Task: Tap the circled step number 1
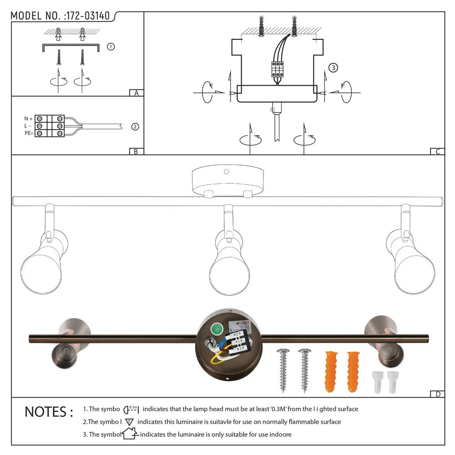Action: [111, 46]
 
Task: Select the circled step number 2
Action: [135, 126]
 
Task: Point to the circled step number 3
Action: [333, 68]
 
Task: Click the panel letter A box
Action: [136, 93]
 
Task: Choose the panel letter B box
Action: [136, 152]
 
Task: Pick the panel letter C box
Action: [437, 152]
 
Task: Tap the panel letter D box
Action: [437, 394]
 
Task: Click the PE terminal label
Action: [29, 133]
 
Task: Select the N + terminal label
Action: [29, 118]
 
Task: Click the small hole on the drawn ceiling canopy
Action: [226, 172]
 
